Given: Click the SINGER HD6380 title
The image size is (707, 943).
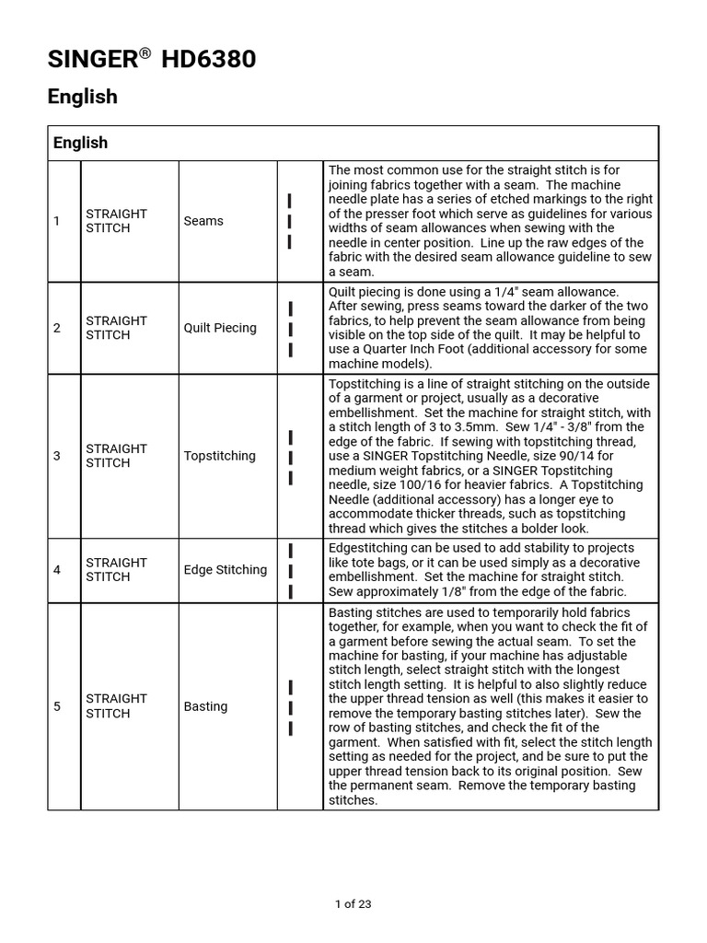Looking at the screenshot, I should tap(152, 61).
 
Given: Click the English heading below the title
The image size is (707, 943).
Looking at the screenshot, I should tap(83, 97).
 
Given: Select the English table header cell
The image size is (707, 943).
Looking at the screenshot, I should tap(80, 143).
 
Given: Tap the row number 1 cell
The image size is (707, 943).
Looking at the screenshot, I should tap(57, 221).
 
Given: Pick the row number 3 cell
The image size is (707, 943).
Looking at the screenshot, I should tap(57, 456).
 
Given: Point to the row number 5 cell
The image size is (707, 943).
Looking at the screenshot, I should tap(57, 706).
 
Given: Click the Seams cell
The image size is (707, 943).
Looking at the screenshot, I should tap(203, 221).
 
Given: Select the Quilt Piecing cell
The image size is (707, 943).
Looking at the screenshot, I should tap(220, 328).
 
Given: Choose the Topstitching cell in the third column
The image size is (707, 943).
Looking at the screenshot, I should tap(219, 456).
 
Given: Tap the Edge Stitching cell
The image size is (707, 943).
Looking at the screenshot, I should tap(226, 570).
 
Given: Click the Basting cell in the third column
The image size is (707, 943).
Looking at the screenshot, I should tap(205, 706).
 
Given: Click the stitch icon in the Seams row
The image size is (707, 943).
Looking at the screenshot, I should tap(290, 221).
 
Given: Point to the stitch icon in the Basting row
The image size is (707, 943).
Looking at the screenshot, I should tap(290, 707).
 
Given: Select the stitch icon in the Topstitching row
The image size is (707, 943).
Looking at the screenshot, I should tap(290, 457).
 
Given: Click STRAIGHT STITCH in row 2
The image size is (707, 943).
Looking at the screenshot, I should tap(116, 328).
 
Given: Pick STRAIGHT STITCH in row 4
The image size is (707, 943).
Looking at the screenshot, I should tap(116, 570).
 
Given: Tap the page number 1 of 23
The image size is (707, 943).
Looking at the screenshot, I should tap(353, 904).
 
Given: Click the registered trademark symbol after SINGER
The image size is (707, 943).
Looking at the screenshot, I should tap(145, 54).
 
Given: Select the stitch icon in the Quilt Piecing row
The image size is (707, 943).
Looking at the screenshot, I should tap(290, 329).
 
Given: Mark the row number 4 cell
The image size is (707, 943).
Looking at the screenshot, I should tap(57, 570).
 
